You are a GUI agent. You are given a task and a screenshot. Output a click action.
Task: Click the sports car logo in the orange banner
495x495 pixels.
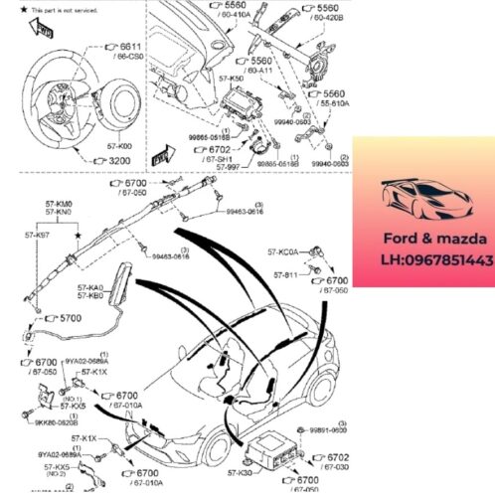(421, 197)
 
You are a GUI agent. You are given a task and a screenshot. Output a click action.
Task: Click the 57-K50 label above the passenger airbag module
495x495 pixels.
(230, 78)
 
